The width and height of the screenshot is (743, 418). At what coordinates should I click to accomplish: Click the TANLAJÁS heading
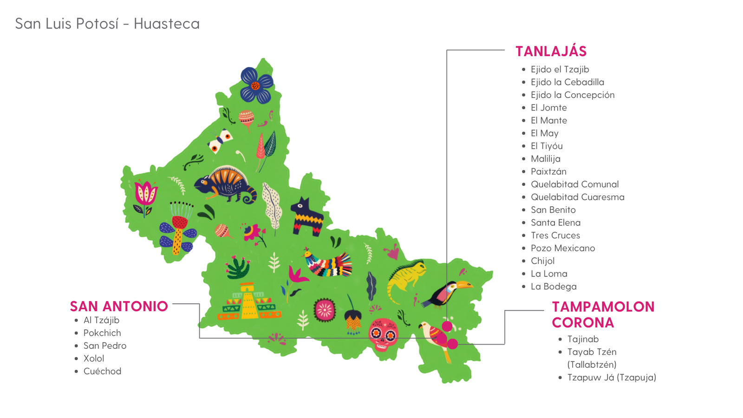tap(551, 51)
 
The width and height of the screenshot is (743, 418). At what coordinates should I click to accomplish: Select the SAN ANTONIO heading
tap(119, 307)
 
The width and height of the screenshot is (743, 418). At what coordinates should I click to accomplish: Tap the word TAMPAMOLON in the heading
tap(603, 307)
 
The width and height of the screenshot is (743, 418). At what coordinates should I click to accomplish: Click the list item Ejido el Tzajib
tap(560, 69)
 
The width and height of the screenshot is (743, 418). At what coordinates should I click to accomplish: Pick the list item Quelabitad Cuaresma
tap(577, 197)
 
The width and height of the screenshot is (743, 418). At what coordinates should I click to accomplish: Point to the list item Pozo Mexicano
tap(562, 248)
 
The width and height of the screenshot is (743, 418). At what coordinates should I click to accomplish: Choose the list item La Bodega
tap(553, 287)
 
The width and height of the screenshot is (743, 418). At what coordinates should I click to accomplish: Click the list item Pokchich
tap(102, 333)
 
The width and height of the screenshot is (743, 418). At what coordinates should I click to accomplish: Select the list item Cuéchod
tap(102, 371)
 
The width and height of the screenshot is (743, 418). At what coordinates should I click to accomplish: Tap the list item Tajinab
tap(583, 339)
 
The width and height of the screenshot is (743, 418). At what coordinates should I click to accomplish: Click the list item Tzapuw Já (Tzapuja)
tap(611, 377)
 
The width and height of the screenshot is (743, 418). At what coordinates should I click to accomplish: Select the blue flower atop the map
tap(256, 85)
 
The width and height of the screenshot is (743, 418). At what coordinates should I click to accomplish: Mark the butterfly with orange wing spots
tap(220, 141)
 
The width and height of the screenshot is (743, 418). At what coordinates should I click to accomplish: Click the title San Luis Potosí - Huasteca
tap(107, 24)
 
